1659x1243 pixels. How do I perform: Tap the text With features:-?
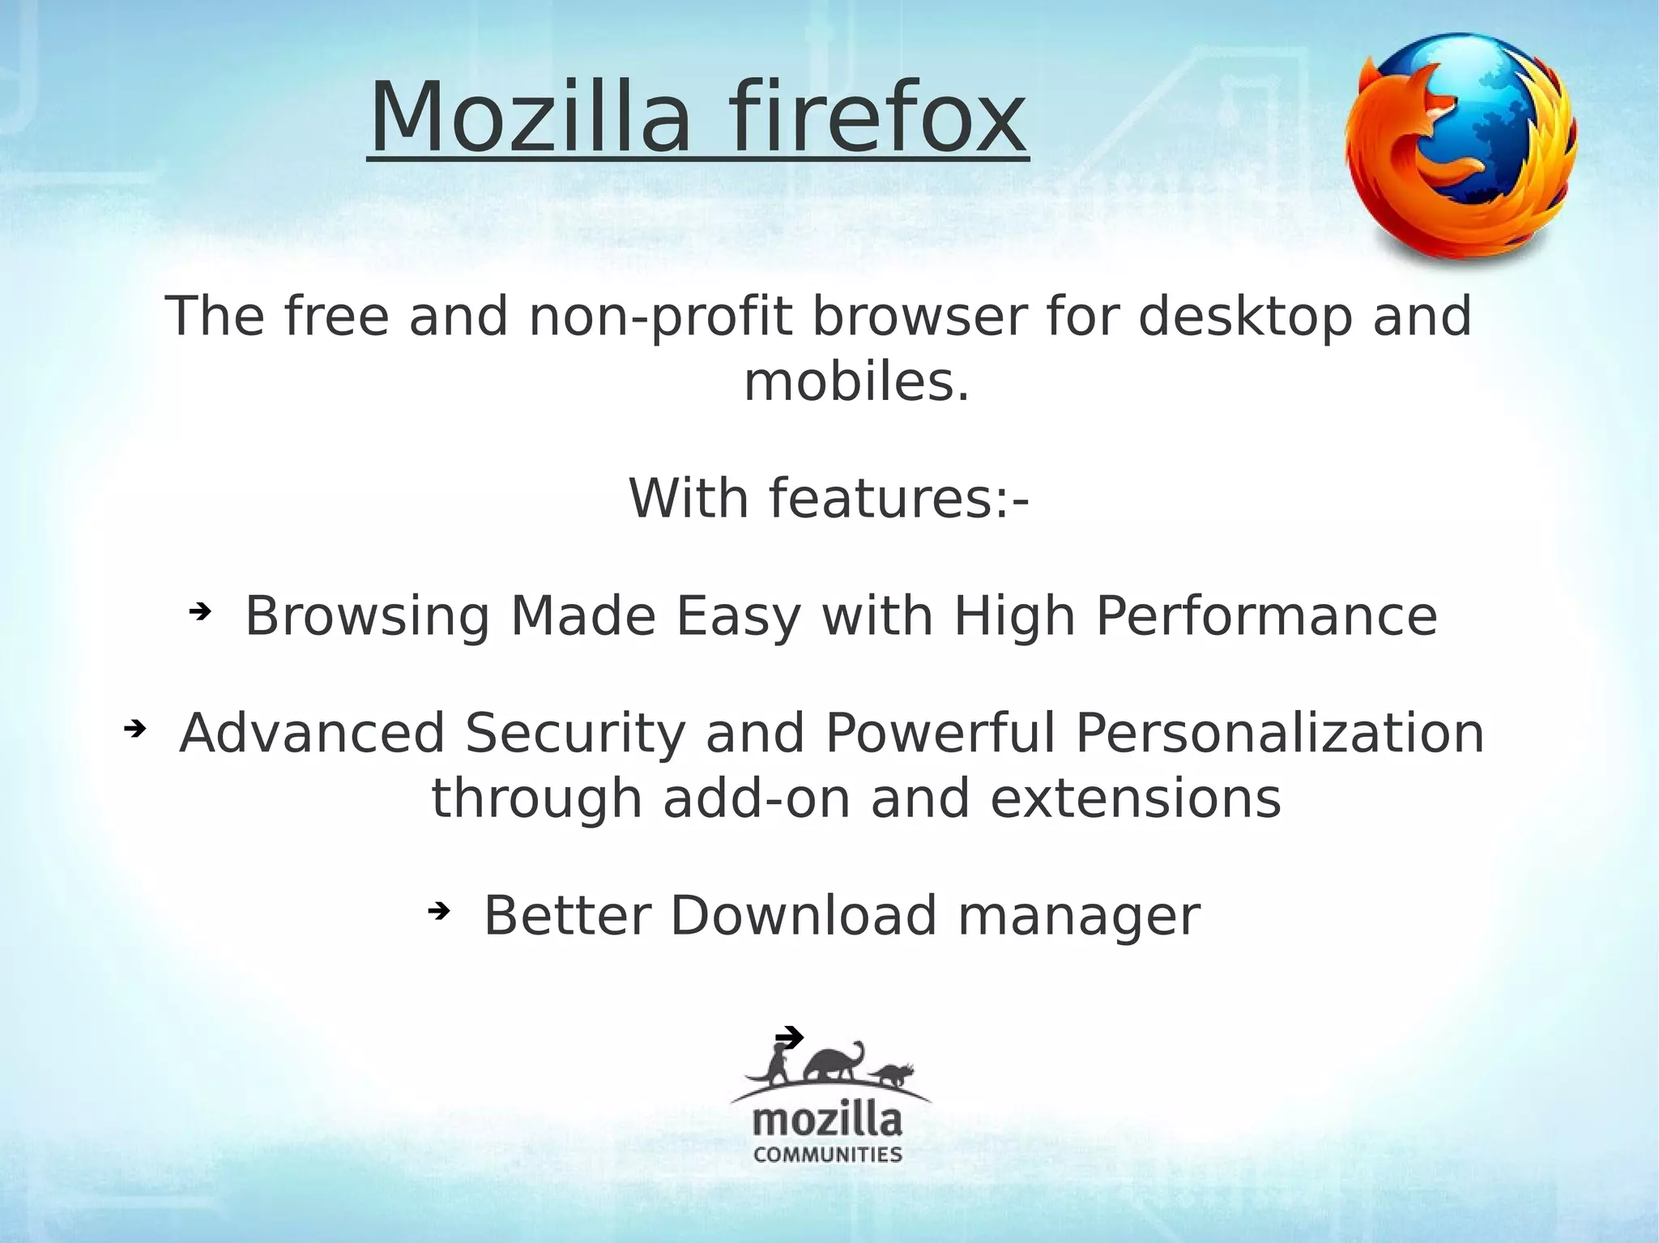click(x=829, y=499)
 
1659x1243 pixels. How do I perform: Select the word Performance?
click(x=1266, y=617)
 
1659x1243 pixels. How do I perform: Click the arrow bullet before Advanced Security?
click(x=134, y=730)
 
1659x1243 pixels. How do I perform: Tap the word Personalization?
click(x=1279, y=734)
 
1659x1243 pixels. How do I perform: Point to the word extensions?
click(x=1136, y=798)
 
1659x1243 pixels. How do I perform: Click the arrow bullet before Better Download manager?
click(x=437, y=912)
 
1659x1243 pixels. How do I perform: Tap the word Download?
click(x=804, y=916)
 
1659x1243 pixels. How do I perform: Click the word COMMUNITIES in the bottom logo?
click(x=828, y=1155)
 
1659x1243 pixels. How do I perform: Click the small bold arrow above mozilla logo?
click(x=789, y=1037)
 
